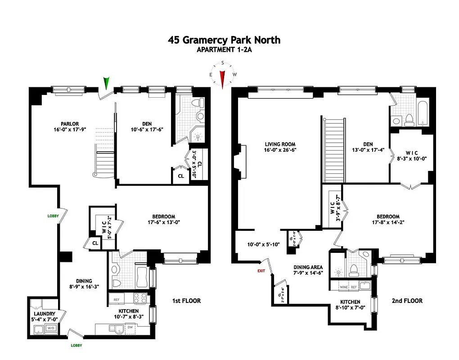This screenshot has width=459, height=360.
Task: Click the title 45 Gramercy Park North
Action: (224, 40)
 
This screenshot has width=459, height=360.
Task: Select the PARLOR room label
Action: (70, 124)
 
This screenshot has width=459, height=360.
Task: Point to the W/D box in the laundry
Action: (52, 328)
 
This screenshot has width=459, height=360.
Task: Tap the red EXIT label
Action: (261, 271)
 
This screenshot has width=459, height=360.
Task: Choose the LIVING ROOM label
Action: (280, 144)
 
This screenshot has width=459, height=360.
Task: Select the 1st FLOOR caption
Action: (186, 301)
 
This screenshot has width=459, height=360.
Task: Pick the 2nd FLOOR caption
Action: (407, 301)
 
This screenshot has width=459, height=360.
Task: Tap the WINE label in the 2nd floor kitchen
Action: (344, 287)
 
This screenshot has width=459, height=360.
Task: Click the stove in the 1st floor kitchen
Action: (140, 297)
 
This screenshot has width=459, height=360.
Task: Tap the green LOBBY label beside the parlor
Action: (53, 216)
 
